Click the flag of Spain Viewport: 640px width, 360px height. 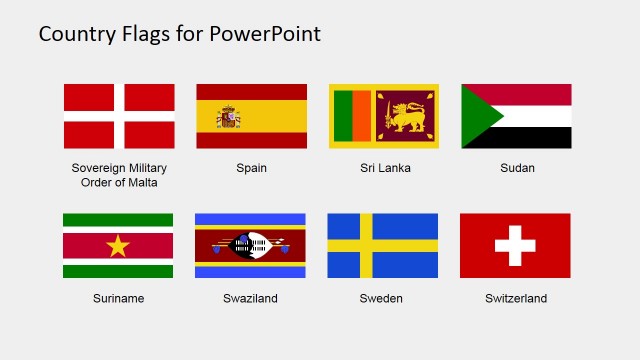pyautogui.click(x=251, y=116)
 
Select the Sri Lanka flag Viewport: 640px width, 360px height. pyautogui.click(x=384, y=116)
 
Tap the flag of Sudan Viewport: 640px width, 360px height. pyautogui.click(x=516, y=116)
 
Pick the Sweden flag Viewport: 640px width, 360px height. pyautogui.click(x=382, y=245)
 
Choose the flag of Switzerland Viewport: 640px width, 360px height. pyautogui.click(x=515, y=245)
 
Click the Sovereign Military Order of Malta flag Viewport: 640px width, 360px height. pyautogui.click(x=119, y=116)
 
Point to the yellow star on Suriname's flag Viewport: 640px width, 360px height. pyautogui.click(x=118, y=245)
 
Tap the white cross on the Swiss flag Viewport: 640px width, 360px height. pyautogui.click(x=515, y=245)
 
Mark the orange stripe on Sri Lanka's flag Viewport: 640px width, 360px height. pyautogui.click(x=362, y=116)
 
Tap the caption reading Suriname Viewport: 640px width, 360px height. pyautogui.click(x=118, y=298)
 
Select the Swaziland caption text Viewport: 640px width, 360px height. pyautogui.click(x=251, y=298)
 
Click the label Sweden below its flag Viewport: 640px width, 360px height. pyautogui.click(x=383, y=298)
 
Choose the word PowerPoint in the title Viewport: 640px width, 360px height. pyautogui.click(x=265, y=34)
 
